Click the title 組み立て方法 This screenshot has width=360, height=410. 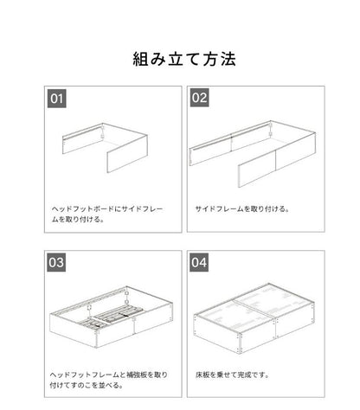pos(180,60)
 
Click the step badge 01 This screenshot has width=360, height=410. pos(56,99)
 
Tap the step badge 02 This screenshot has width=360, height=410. pos(200,99)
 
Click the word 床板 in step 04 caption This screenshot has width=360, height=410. pos(202,373)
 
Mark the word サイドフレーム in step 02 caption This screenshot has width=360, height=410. pos(216,208)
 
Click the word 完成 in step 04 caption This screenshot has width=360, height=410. pos(252,373)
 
